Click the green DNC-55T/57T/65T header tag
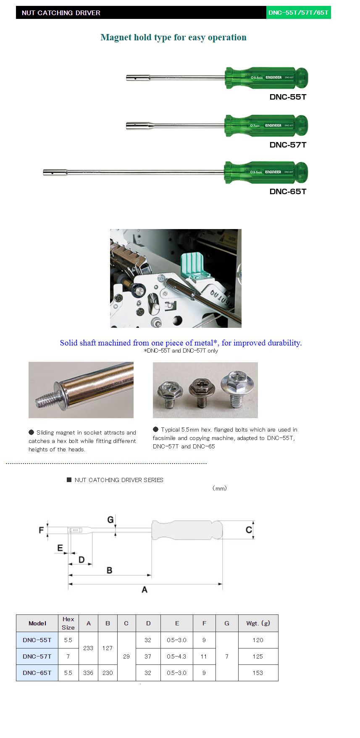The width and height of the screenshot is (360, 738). (x=298, y=13)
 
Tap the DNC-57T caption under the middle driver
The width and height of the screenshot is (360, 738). (x=288, y=145)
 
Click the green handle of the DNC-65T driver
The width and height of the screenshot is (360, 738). (x=266, y=172)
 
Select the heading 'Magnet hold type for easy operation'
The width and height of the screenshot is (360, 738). (x=173, y=37)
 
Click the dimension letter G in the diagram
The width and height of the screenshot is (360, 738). (x=110, y=520)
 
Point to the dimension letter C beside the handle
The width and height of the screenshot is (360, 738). (x=249, y=530)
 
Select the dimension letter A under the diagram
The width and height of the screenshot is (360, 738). (x=145, y=590)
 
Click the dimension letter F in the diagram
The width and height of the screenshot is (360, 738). (x=41, y=530)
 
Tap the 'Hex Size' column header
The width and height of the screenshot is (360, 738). (x=68, y=623)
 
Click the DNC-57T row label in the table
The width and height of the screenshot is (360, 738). (x=37, y=656)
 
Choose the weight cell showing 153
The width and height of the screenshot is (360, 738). (x=258, y=673)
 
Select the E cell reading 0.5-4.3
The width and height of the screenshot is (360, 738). (x=176, y=656)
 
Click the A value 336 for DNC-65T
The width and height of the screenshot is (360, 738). (x=88, y=673)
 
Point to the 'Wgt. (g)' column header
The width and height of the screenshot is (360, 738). (x=258, y=623)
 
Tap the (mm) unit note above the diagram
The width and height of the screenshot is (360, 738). (x=219, y=488)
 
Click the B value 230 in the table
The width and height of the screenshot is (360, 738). (x=108, y=673)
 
